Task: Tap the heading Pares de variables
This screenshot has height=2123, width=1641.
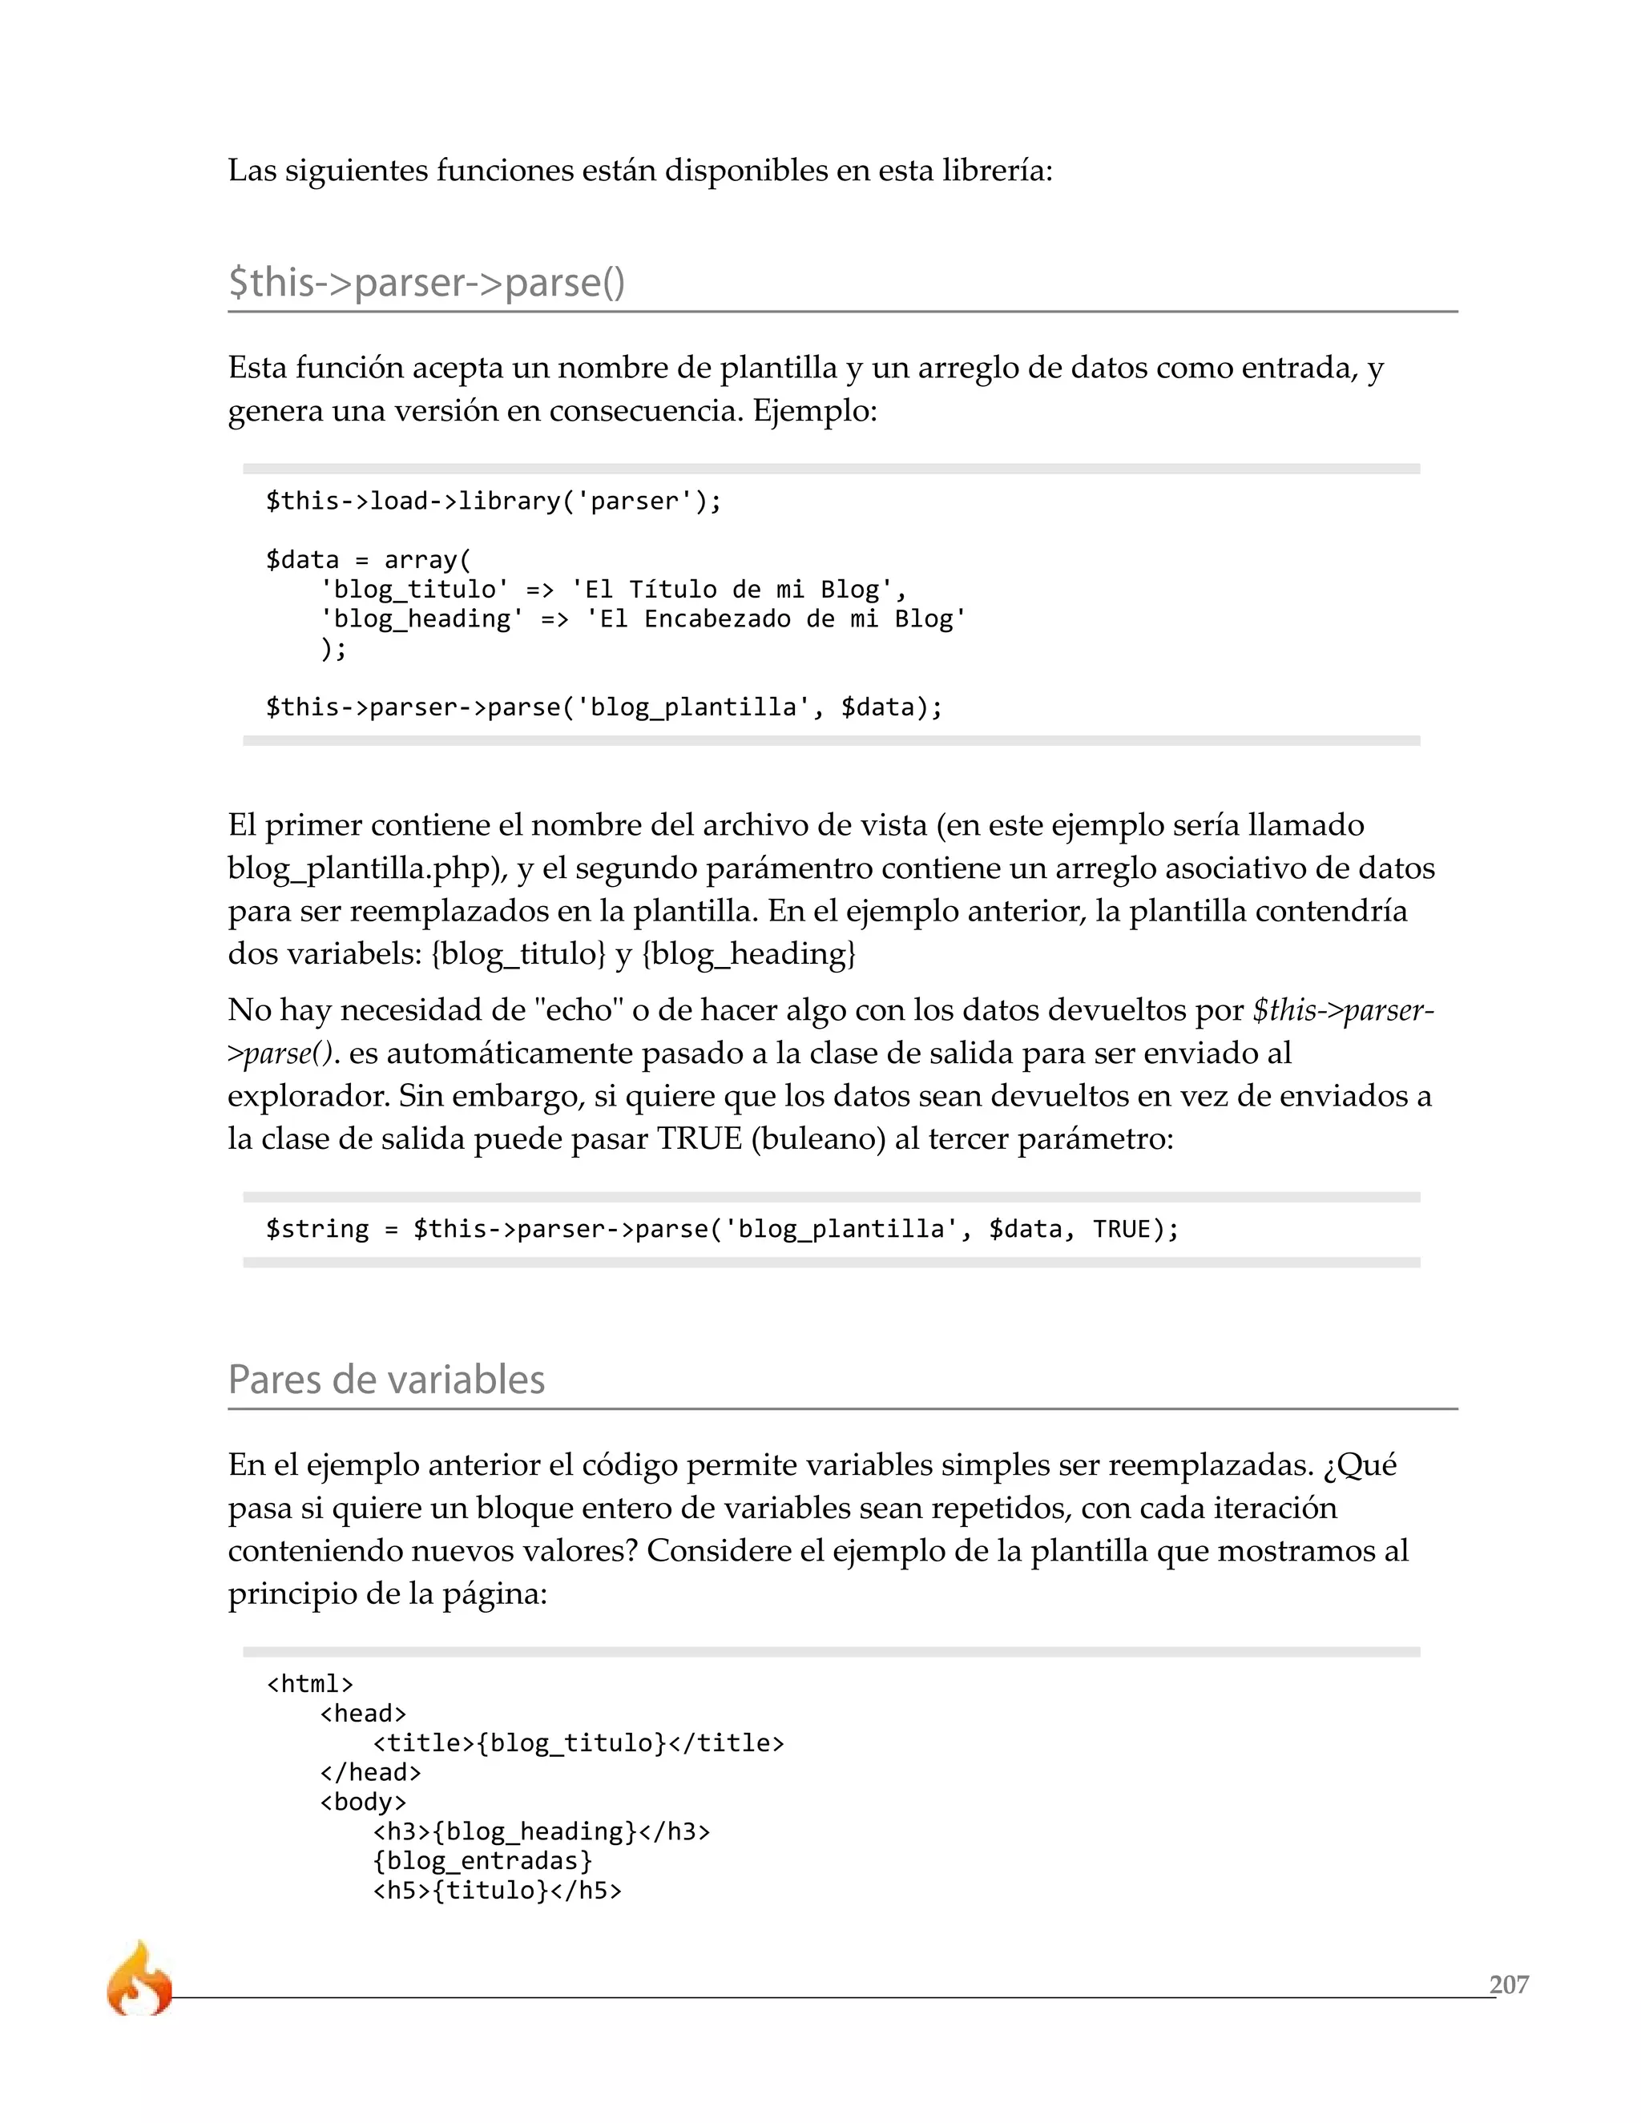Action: pyautogui.click(x=386, y=1380)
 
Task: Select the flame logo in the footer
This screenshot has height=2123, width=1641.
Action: pyautogui.click(x=139, y=1980)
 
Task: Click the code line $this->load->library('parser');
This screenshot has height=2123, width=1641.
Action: pyautogui.click(x=494, y=501)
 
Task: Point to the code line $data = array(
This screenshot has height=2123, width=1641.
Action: pyautogui.click(x=369, y=560)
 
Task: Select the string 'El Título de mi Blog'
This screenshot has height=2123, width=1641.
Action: pyautogui.click(x=739, y=589)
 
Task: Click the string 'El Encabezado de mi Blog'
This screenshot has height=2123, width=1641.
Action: pyautogui.click(x=775, y=619)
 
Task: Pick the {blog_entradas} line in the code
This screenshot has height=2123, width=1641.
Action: pyautogui.click(x=482, y=1860)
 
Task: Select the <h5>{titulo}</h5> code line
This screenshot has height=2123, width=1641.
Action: pyautogui.click(x=497, y=1890)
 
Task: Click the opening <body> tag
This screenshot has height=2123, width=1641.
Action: pyautogui.click(x=363, y=1801)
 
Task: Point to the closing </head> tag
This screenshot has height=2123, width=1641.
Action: pyautogui.click(x=370, y=1772)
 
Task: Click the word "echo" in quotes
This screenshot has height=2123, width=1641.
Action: pyautogui.click(x=579, y=1010)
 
